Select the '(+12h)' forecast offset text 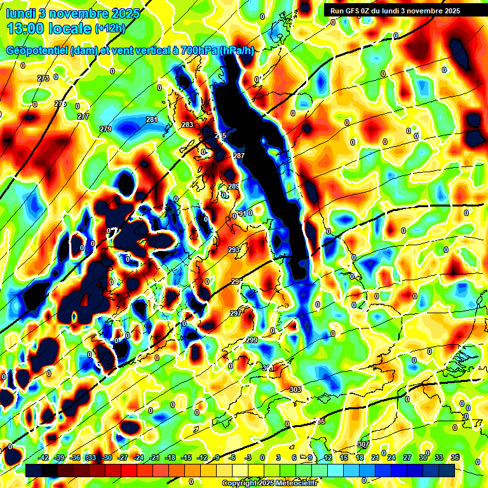(110, 29)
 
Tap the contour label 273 (43, 78)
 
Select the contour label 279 (105, 129)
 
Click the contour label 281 (152, 119)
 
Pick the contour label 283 (187, 125)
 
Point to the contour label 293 (234, 250)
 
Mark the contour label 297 (235, 313)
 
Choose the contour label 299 (252, 341)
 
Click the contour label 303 (295, 390)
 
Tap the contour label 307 (363, 444)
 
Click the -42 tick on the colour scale (44, 457)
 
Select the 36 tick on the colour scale (455, 457)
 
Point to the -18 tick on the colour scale (170, 457)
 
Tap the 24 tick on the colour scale (391, 457)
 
